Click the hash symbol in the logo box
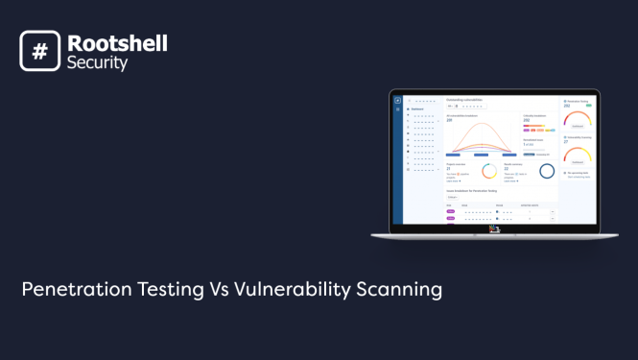[39, 51]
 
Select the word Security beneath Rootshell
[97, 63]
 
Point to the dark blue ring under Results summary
[546, 171]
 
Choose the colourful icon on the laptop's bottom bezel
[493, 228]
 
